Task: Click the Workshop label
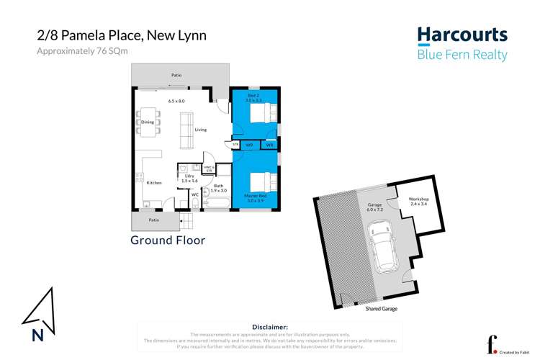418,199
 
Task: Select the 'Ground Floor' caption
168,240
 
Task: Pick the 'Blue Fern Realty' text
462,55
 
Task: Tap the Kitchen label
154,183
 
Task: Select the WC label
194,194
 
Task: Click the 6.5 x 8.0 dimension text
176,101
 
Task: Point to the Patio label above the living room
176,74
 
